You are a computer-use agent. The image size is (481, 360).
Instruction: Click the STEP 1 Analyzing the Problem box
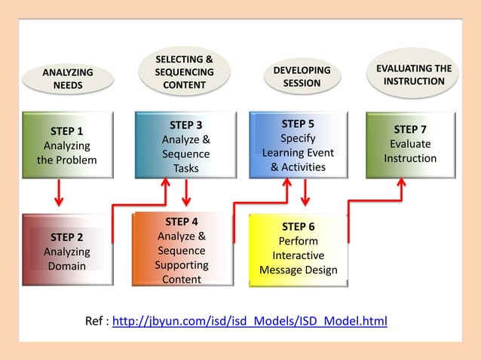pos(67,145)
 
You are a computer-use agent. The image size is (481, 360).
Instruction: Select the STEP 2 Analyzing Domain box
pos(67,250)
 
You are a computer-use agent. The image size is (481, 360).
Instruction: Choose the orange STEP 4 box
pos(182,250)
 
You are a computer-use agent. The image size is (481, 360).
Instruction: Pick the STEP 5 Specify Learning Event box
pos(299,145)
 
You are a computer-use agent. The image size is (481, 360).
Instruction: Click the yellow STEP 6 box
pos(299,249)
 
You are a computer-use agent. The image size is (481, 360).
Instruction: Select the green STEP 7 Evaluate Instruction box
pos(410,145)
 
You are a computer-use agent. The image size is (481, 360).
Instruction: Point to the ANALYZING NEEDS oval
pos(68,78)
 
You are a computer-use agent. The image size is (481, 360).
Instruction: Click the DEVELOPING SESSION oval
pos(302,76)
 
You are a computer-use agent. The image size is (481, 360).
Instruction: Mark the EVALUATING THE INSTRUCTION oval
pos(414,74)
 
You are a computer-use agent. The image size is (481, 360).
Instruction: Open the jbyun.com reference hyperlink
pos(250,322)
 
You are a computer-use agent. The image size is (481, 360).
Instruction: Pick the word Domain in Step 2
pos(67,266)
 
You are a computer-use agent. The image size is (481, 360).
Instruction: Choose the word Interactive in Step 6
pos(299,255)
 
